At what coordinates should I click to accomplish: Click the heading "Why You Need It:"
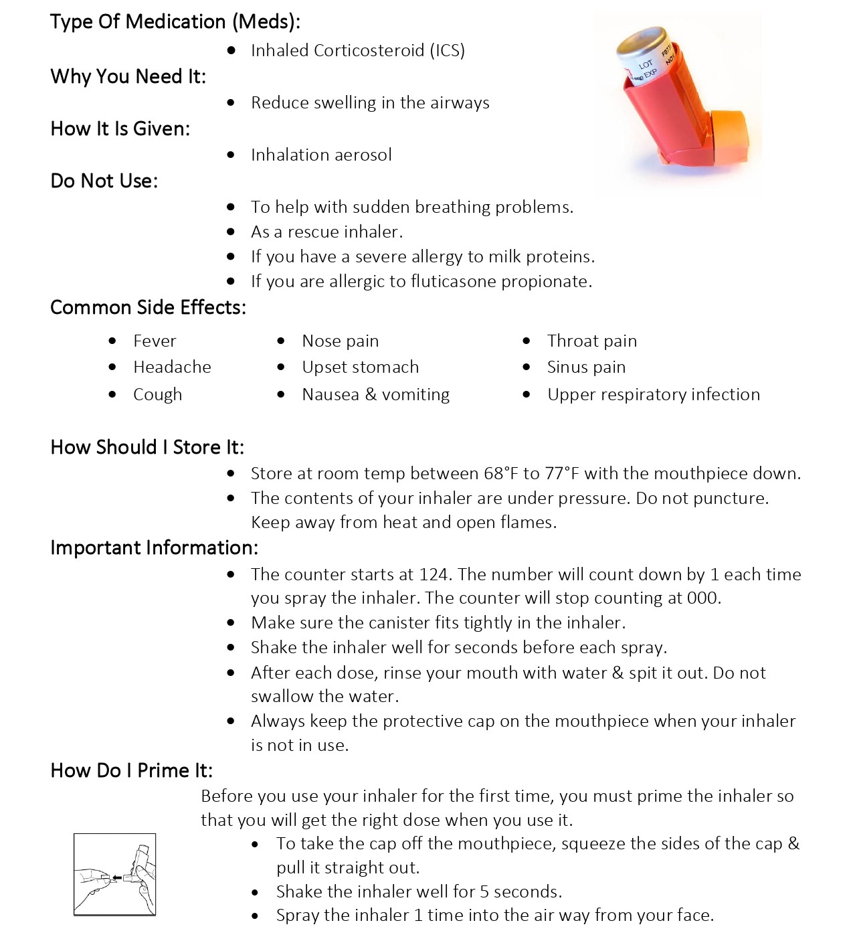(x=128, y=76)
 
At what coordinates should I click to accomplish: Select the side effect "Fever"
(x=155, y=341)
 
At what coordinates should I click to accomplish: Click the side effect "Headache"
(x=172, y=367)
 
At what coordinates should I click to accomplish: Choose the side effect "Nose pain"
(x=340, y=341)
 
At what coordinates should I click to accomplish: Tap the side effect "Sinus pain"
(x=586, y=367)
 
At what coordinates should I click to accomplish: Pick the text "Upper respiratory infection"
(x=653, y=394)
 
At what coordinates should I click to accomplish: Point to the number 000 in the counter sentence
(x=702, y=598)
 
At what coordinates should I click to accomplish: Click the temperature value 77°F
(x=563, y=473)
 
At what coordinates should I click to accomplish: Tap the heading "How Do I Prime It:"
(x=131, y=770)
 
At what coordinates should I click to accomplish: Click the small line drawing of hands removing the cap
(x=114, y=874)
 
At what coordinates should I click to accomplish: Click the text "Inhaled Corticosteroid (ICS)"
(x=357, y=50)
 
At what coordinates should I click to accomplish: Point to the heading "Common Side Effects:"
(x=148, y=307)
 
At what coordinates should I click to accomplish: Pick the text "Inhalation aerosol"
(x=321, y=155)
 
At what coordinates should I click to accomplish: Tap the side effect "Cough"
(x=157, y=394)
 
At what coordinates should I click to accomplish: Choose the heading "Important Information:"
(x=154, y=547)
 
